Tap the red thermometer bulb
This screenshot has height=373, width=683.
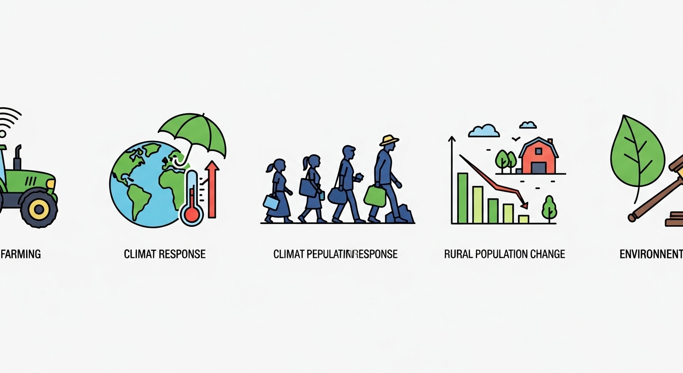coord(192,214)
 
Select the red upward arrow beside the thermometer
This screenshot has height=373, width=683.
coord(211,189)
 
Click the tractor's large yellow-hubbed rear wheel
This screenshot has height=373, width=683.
coord(38,208)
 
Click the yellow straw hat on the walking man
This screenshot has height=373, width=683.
coord(389,140)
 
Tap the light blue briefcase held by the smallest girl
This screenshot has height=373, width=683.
coord(271,202)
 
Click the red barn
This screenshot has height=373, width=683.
coord(538,158)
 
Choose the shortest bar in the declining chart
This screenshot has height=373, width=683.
coord(523,219)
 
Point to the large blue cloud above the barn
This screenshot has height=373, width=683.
coord(484,131)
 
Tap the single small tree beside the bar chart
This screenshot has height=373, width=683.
coord(549,207)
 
